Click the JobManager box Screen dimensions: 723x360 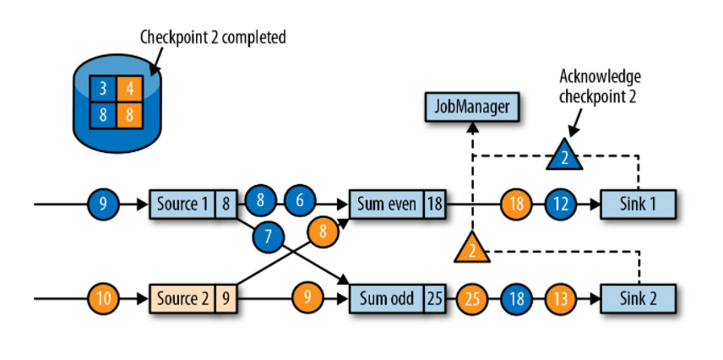tap(471, 107)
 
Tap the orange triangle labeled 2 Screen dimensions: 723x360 tap(471, 249)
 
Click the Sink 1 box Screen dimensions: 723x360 tap(638, 204)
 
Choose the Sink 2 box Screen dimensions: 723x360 tap(638, 298)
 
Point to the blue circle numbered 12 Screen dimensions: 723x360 tap(561, 204)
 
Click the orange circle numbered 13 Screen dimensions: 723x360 tap(561, 298)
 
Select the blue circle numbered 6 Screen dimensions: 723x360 tap(300, 201)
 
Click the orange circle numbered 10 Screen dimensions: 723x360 tap(104, 298)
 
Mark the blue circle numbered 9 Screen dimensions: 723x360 tap(103, 204)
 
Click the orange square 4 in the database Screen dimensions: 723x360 tap(130, 88)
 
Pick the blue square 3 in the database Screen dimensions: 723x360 tap(103, 88)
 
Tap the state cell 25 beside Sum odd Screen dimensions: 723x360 tap(434, 298)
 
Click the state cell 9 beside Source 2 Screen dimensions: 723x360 tap(226, 298)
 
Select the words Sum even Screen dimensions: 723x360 tap(385, 204)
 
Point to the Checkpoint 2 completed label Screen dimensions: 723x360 tap(213, 37)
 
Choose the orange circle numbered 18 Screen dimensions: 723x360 tap(516, 204)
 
